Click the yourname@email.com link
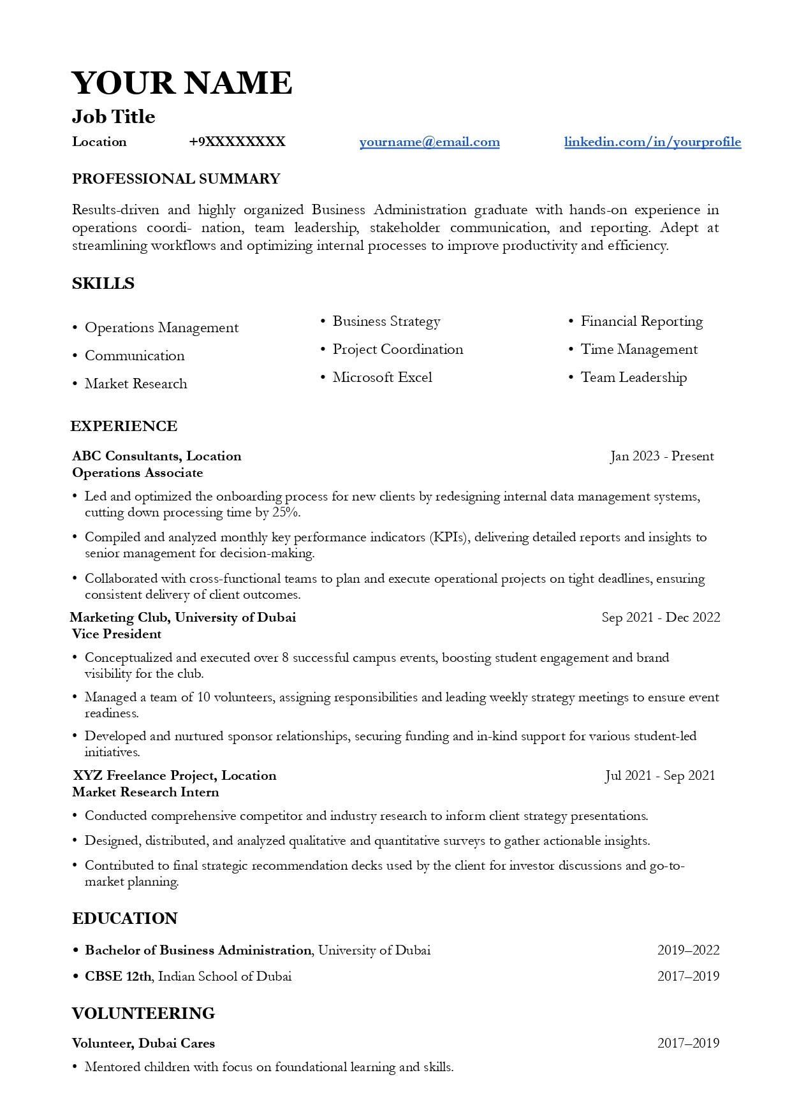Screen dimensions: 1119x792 429,142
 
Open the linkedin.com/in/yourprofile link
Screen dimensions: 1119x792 652,142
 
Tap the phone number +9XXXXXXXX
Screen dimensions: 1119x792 237,142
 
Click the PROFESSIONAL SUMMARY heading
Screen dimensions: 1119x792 176,179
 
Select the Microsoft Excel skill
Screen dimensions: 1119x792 382,377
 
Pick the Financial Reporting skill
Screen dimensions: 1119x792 642,321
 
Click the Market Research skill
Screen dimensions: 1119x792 136,384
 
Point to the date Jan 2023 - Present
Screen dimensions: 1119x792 662,457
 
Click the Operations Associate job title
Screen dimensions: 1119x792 138,473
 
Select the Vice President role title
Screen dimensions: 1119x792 117,634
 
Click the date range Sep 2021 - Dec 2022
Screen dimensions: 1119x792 661,618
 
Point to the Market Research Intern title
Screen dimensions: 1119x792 145,793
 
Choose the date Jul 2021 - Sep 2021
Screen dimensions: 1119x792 660,776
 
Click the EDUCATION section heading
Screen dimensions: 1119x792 125,919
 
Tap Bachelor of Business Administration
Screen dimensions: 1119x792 198,951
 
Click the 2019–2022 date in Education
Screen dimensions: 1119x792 688,951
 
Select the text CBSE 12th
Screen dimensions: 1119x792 119,977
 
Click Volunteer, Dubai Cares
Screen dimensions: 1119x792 143,1044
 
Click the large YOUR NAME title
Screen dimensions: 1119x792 182,84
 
